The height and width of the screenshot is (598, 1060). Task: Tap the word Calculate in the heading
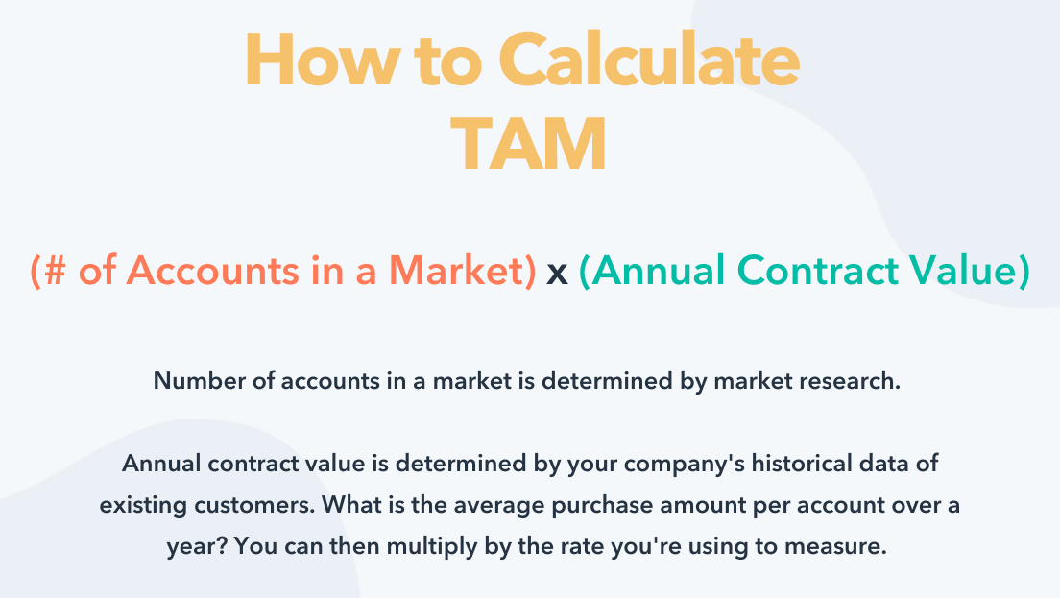650,60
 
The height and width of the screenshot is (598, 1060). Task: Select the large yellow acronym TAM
529,144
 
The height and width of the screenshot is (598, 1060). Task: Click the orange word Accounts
213,271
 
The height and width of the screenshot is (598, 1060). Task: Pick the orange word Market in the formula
456,271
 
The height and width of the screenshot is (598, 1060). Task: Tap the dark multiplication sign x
557,274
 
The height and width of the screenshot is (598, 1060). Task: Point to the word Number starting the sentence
200,380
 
